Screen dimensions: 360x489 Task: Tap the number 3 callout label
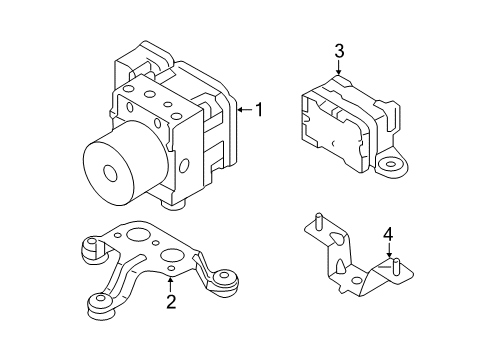click(339, 51)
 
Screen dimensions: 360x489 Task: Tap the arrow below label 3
click(339, 69)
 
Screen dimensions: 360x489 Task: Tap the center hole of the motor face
click(105, 172)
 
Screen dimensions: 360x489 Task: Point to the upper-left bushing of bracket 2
click(89, 247)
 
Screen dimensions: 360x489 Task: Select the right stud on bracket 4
click(397, 265)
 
